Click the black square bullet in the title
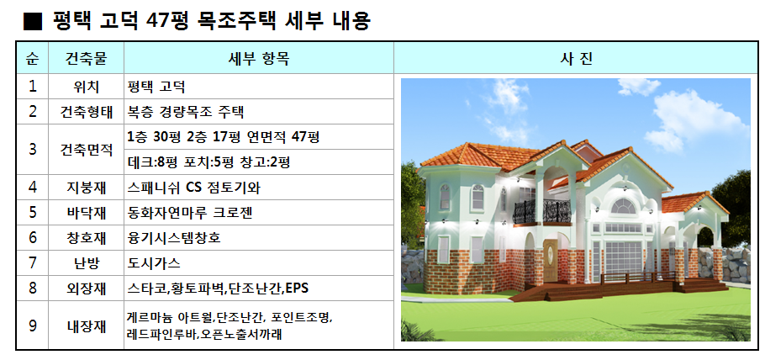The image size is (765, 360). pos(33,22)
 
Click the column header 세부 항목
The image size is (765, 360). pos(259,59)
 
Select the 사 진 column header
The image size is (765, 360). pos(576,59)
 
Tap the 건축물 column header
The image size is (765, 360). pos(86,59)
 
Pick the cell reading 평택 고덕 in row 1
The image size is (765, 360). pos(156,87)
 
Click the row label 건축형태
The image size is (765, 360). pos(86,112)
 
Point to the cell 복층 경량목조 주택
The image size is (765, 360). pos(186,112)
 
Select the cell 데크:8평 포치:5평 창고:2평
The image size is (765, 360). pos(208,162)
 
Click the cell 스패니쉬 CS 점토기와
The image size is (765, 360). pos(193,188)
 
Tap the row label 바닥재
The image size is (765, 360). pos(86,213)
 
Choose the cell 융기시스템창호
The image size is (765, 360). pos(174,238)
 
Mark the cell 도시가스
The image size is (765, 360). pos(154,263)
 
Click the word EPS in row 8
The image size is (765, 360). pos(297,289)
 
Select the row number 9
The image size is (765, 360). pos(32,326)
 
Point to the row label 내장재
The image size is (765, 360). pos(86,326)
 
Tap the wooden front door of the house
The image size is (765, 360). pos(551,261)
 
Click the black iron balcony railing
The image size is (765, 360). pos(541,211)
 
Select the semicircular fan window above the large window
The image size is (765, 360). pos(624,206)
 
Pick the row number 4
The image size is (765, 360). pos(32,188)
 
